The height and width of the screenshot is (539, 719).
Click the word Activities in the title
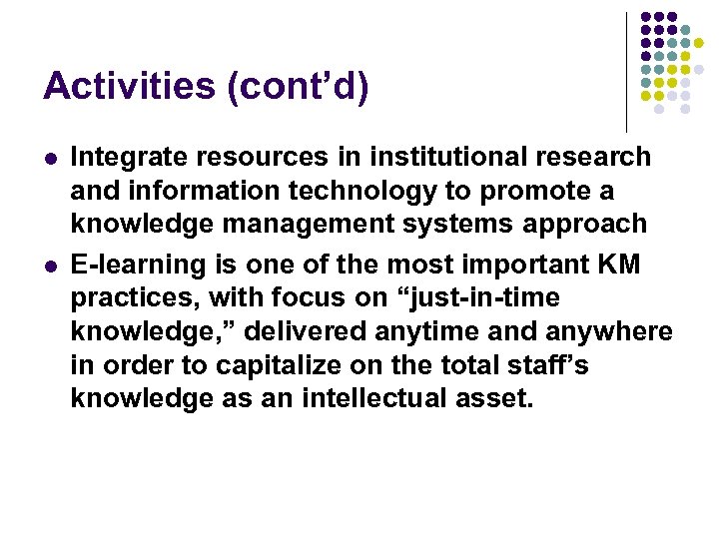point(130,87)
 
